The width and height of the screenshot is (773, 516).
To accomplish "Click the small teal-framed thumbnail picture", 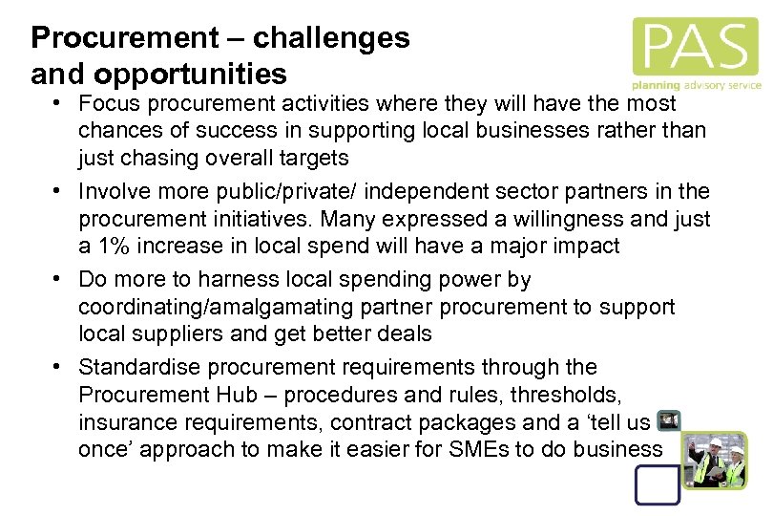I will point(669,420).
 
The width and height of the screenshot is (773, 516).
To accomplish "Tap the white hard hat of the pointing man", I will point(718,443).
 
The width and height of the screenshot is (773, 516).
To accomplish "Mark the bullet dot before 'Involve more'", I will point(58,191).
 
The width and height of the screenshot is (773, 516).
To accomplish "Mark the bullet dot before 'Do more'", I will point(58,280).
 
